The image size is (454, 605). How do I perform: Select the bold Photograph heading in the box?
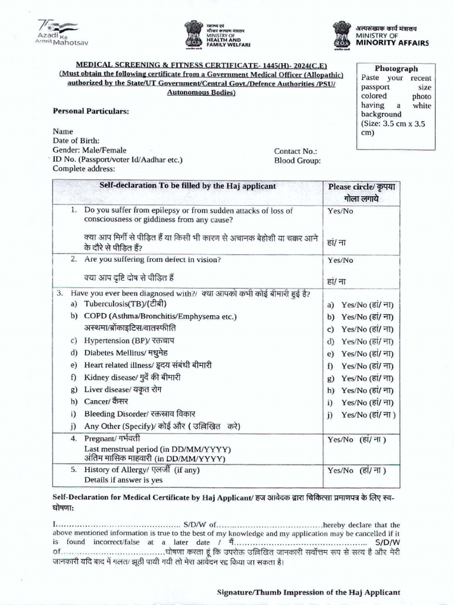396,69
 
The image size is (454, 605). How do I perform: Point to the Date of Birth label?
77,141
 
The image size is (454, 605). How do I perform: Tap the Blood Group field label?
297,160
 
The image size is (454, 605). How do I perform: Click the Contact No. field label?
296,151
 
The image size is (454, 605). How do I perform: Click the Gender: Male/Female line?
89,150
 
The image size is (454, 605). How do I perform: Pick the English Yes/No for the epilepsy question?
340,211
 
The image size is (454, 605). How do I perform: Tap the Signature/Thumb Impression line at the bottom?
309,591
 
